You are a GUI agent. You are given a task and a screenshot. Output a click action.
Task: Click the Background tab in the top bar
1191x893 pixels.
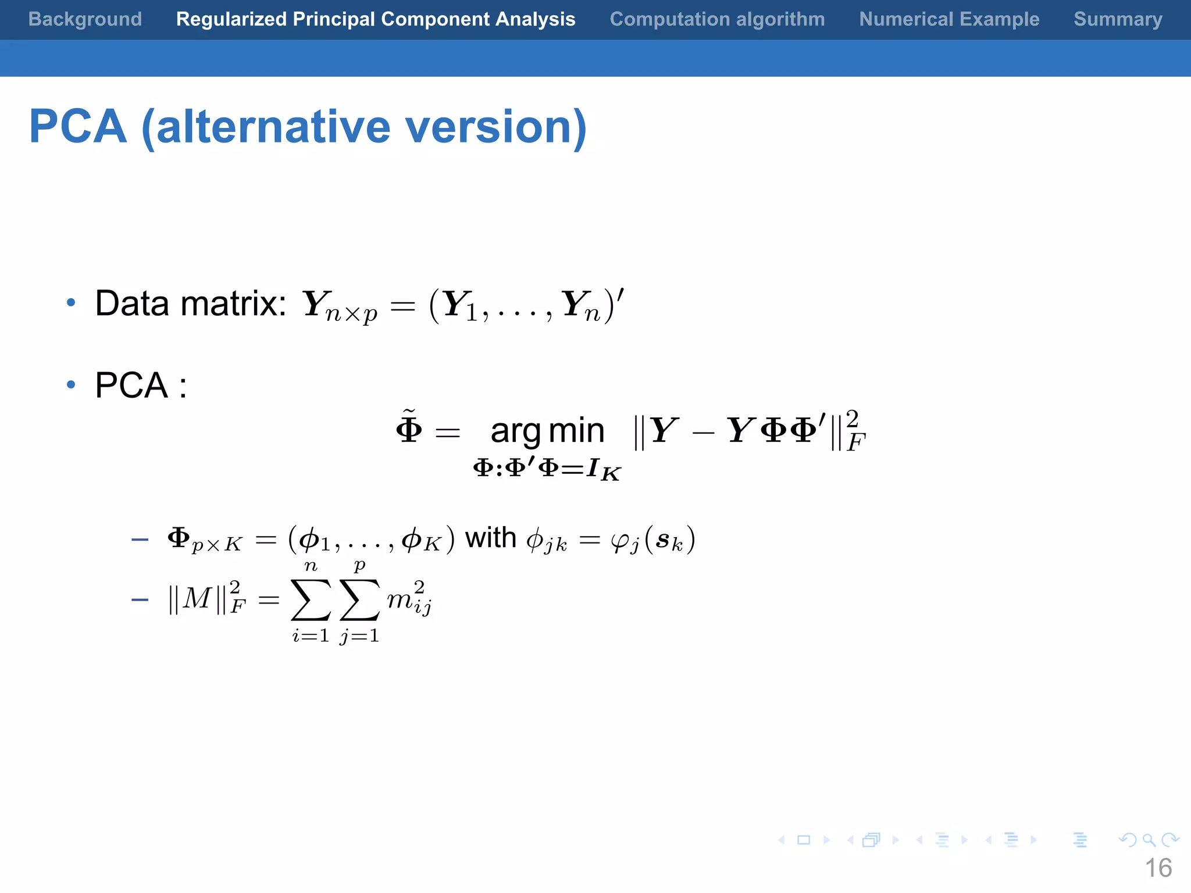click(x=85, y=19)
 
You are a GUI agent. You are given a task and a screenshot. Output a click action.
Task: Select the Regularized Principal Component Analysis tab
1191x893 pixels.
click(x=376, y=19)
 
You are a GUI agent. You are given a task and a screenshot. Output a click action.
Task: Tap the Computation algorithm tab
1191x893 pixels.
click(x=717, y=19)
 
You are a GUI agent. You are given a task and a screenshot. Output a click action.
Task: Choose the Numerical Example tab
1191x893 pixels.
click(x=949, y=19)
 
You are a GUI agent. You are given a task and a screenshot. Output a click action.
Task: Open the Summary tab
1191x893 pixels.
click(x=1118, y=19)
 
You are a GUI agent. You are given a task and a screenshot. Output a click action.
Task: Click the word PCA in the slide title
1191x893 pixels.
click(x=78, y=127)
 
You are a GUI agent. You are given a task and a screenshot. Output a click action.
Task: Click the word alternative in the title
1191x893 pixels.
click(x=273, y=127)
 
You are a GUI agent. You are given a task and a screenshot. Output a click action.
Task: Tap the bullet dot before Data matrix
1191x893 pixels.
click(x=71, y=302)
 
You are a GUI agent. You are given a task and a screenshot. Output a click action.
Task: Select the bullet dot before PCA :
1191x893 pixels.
click(x=71, y=384)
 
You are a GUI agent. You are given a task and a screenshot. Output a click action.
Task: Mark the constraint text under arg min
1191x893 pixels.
click(x=547, y=469)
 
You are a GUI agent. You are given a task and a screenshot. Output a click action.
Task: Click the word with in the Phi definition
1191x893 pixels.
click(x=490, y=538)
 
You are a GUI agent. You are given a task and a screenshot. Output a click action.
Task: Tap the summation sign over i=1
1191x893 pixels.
click(x=311, y=600)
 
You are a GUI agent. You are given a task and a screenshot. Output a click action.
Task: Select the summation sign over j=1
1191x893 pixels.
click(x=359, y=600)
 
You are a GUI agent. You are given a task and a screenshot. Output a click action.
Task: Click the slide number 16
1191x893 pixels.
click(x=1158, y=868)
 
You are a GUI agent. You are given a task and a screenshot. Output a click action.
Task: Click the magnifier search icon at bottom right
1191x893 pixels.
click(x=1149, y=840)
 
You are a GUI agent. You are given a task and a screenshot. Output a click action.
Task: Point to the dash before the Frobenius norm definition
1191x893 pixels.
click(x=140, y=599)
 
